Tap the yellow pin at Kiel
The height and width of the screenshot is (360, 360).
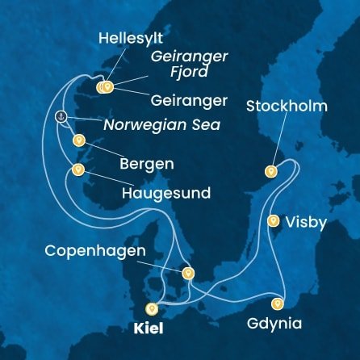pos(151,308)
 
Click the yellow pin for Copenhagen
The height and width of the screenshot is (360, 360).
pos(188,273)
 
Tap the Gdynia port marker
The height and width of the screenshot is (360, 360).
pos(278,304)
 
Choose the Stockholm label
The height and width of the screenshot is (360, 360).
pos(287,106)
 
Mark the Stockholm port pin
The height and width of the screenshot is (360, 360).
pos(271,170)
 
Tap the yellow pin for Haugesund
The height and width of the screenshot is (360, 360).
pos(78,170)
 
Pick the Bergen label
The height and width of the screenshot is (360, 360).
pos(146,164)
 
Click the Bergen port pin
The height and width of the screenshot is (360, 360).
pos(79,140)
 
